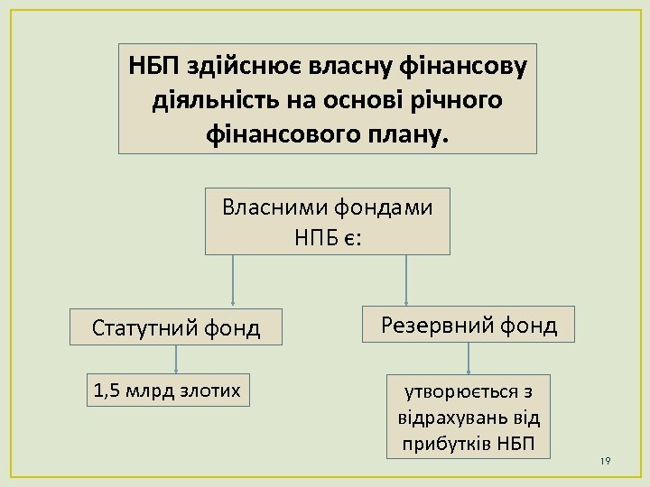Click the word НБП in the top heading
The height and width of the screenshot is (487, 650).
(x=154, y=67)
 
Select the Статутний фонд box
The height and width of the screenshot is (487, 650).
(x=176, y=327)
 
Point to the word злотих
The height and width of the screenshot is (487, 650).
(x=215, y=391)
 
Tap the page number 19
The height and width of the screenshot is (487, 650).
(x=605, y=461)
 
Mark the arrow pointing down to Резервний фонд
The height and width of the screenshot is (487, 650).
(x=406, y=280)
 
